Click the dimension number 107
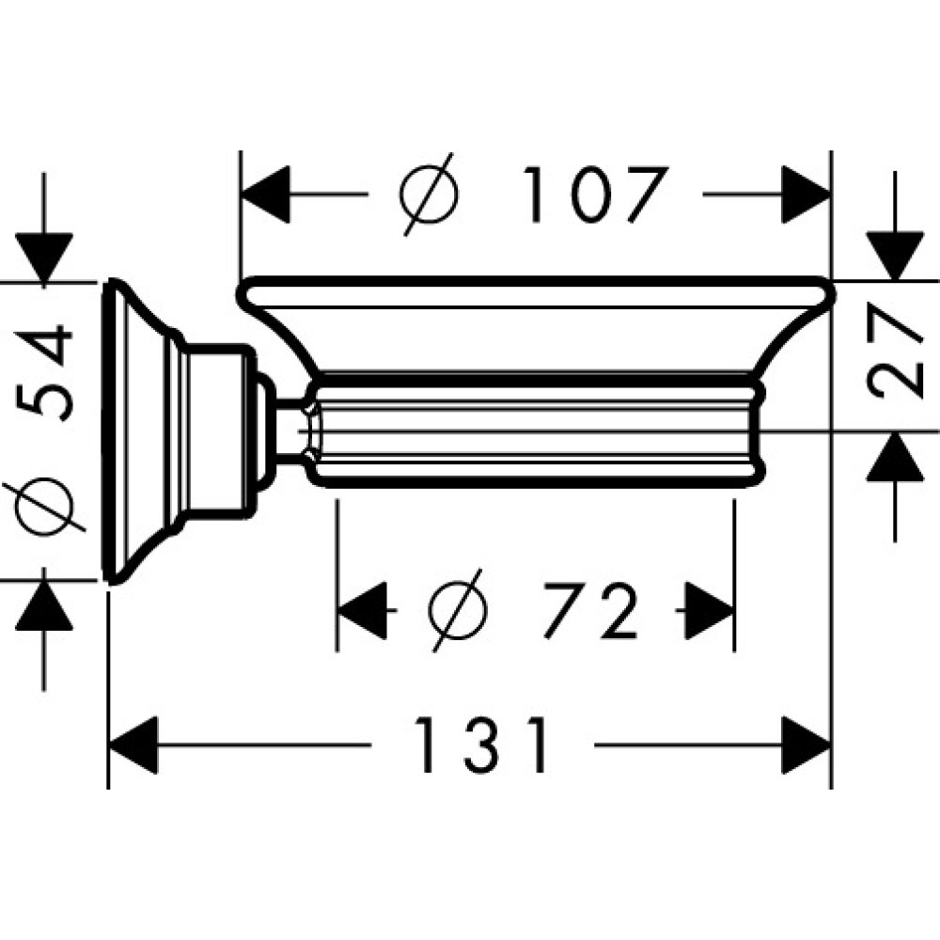(x=594, y=195)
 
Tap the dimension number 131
(x=481, y=744)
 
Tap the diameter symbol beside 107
(x=429, y=195)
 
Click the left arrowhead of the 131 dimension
(x=133, y=744)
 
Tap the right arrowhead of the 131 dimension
(x=807, y=744)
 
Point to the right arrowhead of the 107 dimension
(x=807, y=195)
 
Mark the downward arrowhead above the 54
(x=44, y=257)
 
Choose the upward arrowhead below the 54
(x=44, y=606)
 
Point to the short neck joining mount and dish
(x=282, y=431)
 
